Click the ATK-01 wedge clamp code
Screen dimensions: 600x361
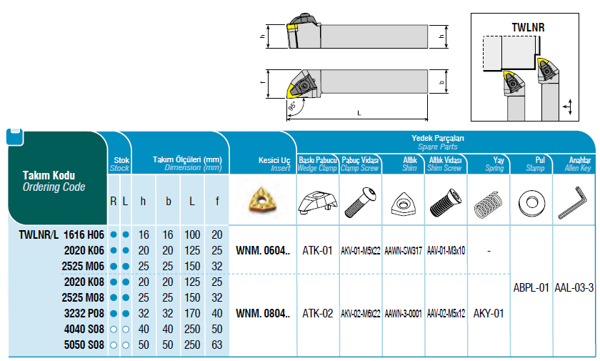pos(317,251)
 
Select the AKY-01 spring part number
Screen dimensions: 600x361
pos(489,314)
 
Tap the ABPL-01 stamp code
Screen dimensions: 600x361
pos(531,287)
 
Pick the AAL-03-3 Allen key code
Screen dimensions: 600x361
pos(574,287)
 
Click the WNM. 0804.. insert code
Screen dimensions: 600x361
pos(263,314)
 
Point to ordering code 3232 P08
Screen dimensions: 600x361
pos(84,314)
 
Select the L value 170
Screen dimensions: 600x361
pos(192,314)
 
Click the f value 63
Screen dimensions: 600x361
pos(217,345)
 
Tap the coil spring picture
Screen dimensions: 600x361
pos(488,204)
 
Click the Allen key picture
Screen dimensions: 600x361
pos(572,202)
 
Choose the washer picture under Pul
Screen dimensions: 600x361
pos(531,202)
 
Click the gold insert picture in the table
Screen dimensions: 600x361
pos(262,199)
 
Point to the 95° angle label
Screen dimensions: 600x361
pos(292,106)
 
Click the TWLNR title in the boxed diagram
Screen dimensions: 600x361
pos(528,28)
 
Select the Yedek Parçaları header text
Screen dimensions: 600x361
pos(438,138)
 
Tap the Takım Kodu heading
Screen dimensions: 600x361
pos(49,175)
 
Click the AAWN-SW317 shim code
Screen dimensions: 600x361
pos(403,251)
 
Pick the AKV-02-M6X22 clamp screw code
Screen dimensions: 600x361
pos(361,314)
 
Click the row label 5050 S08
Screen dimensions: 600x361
pos(84,345)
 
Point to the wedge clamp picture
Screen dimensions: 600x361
pos(318,202)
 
